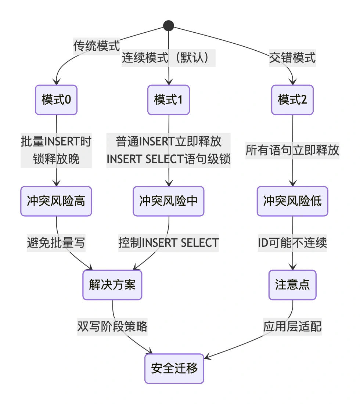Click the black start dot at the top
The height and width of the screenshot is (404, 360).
[168, 25]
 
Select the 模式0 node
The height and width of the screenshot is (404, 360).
[56, 100]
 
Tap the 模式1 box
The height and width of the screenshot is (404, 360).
[169, 100]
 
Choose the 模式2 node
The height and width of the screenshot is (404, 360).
[292, 100]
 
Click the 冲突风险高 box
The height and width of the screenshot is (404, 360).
[56, 201]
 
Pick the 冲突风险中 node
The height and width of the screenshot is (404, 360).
[169, 201]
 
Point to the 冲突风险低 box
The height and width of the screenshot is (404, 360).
[292, 201]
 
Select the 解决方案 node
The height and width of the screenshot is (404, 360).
[112, 285]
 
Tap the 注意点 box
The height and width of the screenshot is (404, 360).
[292, 285]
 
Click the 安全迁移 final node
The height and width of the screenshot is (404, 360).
[174, 368]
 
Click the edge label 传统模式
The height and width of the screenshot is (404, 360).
[97, 46]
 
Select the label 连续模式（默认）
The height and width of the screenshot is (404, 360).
[169, 58]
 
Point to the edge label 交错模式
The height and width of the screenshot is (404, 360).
[292, 58]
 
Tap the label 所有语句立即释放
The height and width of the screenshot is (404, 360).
[292, 151]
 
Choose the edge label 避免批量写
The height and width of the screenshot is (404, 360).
[56, 243]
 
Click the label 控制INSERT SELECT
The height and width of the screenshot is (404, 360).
[169, 243]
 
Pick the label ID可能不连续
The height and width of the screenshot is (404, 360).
[292, 243]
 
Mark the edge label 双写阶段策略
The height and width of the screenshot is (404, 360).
[112, 327]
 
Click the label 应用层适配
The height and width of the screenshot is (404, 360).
[292, 327]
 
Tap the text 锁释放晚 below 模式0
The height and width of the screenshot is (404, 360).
[56, 159]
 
